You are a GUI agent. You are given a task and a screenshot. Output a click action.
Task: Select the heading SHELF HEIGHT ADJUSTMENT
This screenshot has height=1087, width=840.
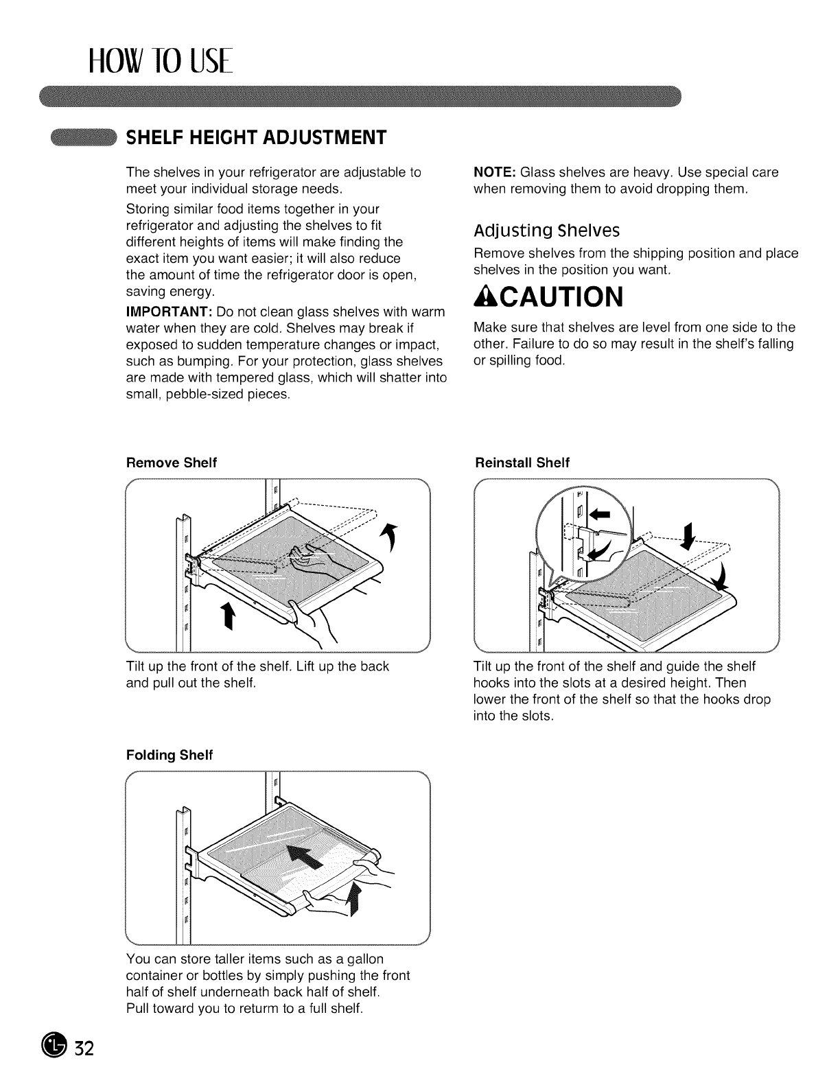click(255, 137)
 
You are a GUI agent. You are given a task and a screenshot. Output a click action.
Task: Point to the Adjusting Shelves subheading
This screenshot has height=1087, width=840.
click(547, 229)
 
